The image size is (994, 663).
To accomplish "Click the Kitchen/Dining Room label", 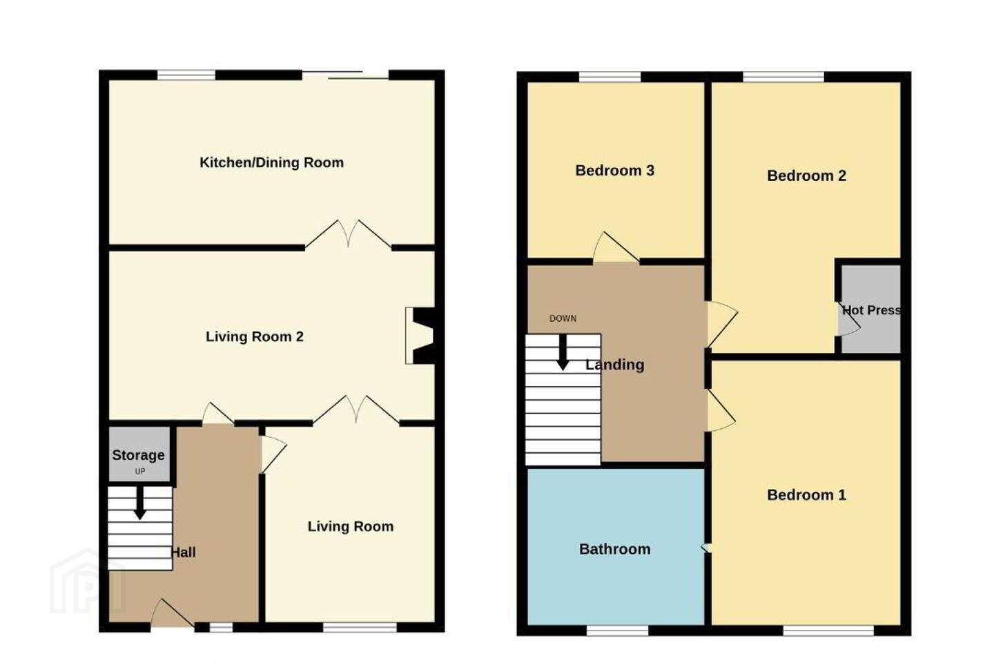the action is [x=271, y=162].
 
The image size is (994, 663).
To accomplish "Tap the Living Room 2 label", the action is [x=255, y=336].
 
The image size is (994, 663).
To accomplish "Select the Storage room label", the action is [x=139, y=455].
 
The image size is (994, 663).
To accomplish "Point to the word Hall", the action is [x=184, y=552].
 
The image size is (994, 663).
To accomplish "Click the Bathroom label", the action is [x=615, y=549].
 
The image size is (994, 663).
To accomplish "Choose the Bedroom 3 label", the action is [x=615, y=171].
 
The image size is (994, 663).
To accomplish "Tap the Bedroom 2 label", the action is [x=807, y=176].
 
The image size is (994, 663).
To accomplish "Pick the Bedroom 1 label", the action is [x=807, y=494].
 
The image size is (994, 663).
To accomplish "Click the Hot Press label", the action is [x=872, y=310].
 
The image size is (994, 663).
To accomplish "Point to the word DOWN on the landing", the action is [x=563, y=318].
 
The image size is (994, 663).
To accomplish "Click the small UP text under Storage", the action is [x=139, y=471].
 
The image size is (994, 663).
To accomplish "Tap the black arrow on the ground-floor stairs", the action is [x=139, y=503].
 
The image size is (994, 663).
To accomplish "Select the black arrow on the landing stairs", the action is [x=563, y=352].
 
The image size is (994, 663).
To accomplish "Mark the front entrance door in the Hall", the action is [x=173, y=613].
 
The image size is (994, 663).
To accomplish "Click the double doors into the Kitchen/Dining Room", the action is [x=349, y=234].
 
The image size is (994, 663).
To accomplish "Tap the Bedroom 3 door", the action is [x=616, y=248].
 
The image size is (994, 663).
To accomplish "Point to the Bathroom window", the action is [x=618, y=630].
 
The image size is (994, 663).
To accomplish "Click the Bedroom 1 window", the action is [x=828, y=630].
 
